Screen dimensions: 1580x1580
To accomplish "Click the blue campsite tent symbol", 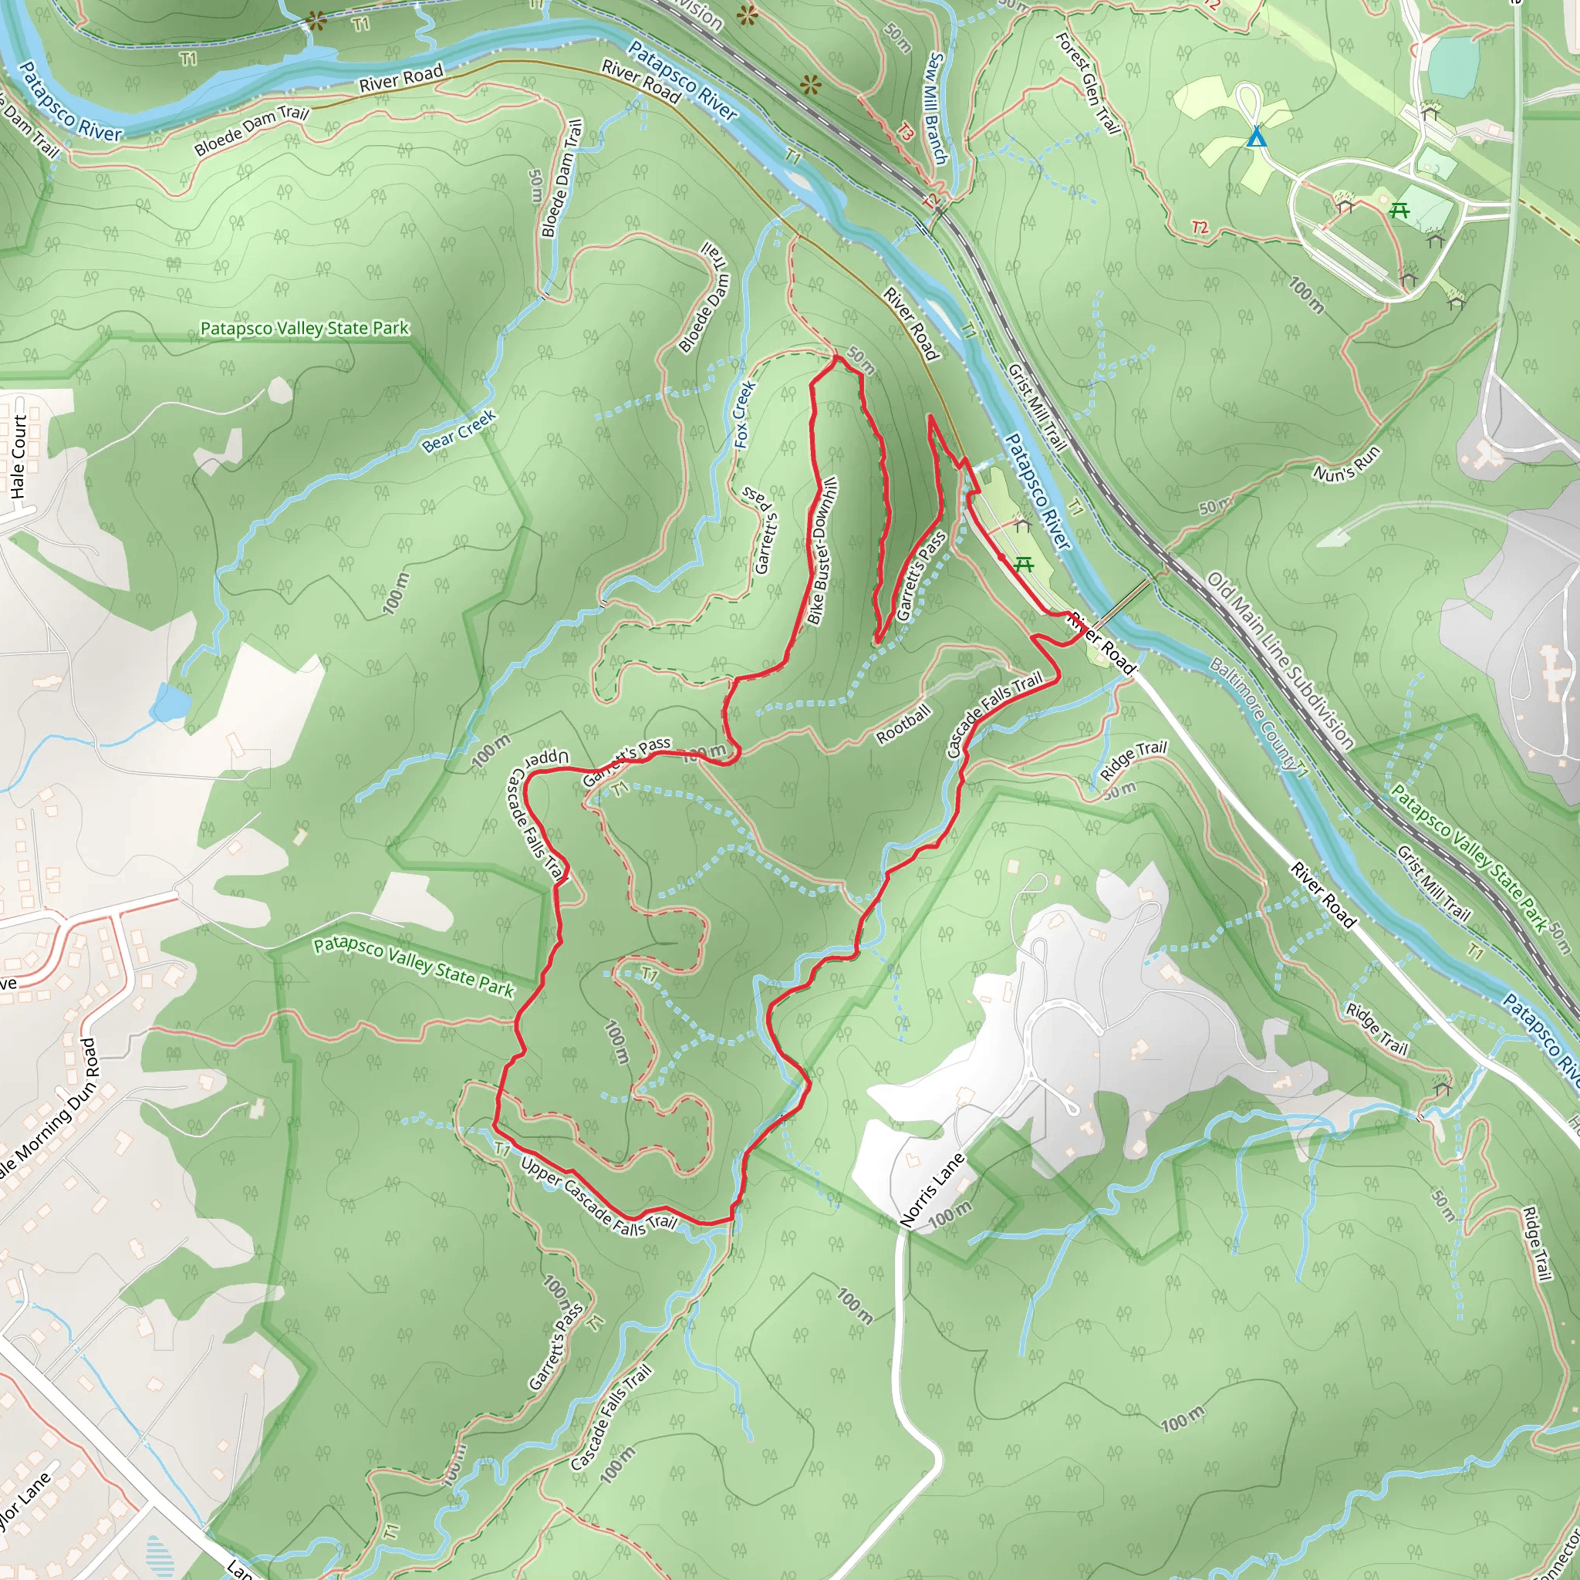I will point(1256,137).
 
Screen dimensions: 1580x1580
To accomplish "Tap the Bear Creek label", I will point(459,432).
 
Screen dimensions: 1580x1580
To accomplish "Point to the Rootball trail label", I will point(903,724).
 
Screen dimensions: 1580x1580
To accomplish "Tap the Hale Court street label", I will point(19,457).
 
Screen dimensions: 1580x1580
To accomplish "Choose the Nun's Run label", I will point(1347,463).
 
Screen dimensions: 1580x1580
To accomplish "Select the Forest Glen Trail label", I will point(1087,82).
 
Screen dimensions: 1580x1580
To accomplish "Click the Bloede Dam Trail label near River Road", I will point(251,130).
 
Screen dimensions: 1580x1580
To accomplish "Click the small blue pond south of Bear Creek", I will point(170,704).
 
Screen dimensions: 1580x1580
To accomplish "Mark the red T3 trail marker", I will point(904,131).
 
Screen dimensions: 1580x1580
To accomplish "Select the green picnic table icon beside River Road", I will point(1023,563).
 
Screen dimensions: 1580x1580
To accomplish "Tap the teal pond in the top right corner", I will point(1453,56).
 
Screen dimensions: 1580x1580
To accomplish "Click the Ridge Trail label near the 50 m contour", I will point(1133,760).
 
